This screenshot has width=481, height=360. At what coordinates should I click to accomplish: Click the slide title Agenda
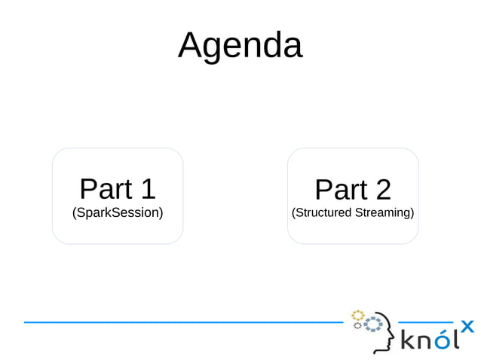[x=240, y=45]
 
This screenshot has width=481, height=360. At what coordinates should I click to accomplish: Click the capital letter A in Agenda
[x=190, y=45]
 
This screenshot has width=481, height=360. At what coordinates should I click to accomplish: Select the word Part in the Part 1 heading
[x=105, y=190]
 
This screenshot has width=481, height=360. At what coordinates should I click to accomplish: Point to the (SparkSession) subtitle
[x=118, y=213]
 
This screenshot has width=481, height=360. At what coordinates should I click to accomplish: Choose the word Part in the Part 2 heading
[x=340, y=190]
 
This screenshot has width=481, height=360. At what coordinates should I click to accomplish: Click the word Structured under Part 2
[x=324, y=213]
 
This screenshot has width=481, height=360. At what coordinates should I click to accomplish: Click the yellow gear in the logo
[x=358, y=315]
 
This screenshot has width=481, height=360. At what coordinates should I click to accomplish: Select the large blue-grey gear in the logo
[x=372, y=325]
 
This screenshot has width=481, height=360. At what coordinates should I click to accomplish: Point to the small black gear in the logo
[x=357, y=326]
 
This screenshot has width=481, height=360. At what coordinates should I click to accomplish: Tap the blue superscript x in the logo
[x=467, y=326]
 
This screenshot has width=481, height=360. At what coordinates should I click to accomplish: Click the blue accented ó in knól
[x=445, y=340]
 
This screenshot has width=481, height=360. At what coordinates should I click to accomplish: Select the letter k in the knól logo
[x=408, y=340]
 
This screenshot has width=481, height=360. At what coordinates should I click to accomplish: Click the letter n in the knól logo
[x=425, y=342]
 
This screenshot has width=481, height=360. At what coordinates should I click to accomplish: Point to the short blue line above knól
[x=424, y=322]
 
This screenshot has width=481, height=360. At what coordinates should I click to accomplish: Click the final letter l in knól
[x=457, y=339]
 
